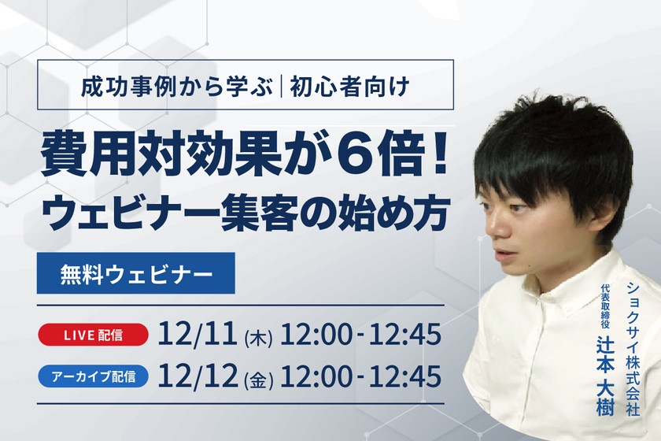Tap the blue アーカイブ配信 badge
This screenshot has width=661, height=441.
coord(94,376)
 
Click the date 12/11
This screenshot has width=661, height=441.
coord(197,335)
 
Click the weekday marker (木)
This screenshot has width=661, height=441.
coord(258,337)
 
